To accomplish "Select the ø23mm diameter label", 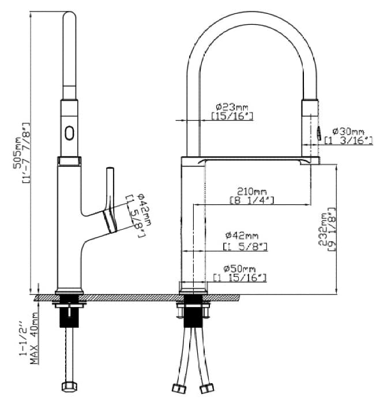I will [x=232, y=107].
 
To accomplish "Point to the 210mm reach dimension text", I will [x=251, y=191].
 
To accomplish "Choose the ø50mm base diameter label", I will [x=240, y=269].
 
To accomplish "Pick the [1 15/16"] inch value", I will [x=240, y=278].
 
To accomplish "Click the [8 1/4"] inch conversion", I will [x=251, y=200].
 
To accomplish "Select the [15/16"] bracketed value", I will [x=232, y=116].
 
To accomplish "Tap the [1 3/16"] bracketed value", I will [x=348, y=140].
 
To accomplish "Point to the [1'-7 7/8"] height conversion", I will [x=26, y=151].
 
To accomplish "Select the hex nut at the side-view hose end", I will [x=71, y=387].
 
